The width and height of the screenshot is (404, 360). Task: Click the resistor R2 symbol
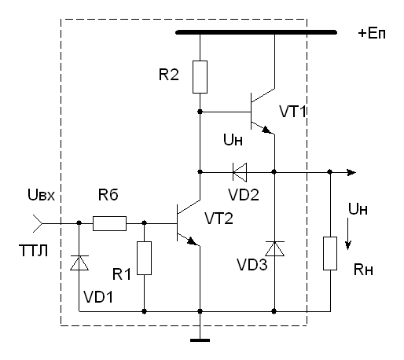tap(200, 77)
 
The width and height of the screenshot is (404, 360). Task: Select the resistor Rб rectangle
tap(109, 223)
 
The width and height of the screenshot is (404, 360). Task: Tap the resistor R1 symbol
tap(144, 258)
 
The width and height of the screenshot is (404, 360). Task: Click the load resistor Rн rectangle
tap(330, 253)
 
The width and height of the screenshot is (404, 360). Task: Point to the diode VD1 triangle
tap(79, 263)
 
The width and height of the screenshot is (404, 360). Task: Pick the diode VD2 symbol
tap(240, 172)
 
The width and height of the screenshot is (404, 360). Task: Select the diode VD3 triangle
tap(274, 248)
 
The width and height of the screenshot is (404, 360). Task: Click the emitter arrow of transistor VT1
tap(266, 130)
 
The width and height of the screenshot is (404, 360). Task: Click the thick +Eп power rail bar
tap(256, 32)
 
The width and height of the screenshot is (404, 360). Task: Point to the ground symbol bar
tap(200, 340)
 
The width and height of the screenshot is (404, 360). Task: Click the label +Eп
tap(372, 34)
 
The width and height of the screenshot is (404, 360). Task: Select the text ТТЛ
tap(33, 251)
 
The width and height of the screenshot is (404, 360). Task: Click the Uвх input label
tap(41, 195)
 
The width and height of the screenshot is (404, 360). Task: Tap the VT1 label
tap(292, 112)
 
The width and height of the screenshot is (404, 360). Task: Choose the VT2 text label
tap(219, 219)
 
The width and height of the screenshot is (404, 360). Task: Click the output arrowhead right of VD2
tap(351, 172)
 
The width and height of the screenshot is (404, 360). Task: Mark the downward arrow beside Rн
tap(347, 234)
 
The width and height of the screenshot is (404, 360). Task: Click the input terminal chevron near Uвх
tap(38, 223)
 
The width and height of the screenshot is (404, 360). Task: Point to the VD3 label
tap(252, 265)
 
